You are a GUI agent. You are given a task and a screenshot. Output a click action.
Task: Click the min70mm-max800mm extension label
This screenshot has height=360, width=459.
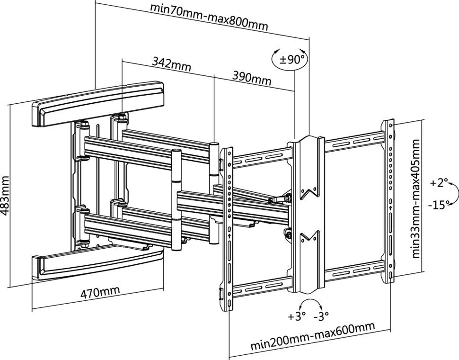[209, 16]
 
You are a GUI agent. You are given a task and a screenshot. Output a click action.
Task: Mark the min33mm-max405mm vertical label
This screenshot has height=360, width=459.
[416, 198]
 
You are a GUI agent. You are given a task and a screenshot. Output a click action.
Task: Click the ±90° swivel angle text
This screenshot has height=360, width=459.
[291, 60]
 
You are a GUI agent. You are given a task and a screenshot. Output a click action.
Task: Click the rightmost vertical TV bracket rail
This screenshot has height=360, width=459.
[389, 201]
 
